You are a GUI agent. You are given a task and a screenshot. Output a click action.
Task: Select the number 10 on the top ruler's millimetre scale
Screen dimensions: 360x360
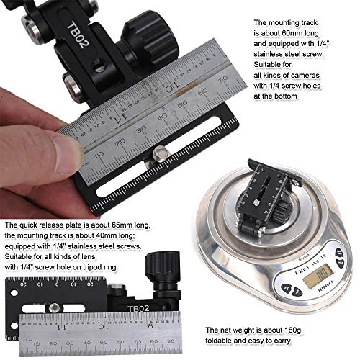pyautogui.click(x=99, y=153)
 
